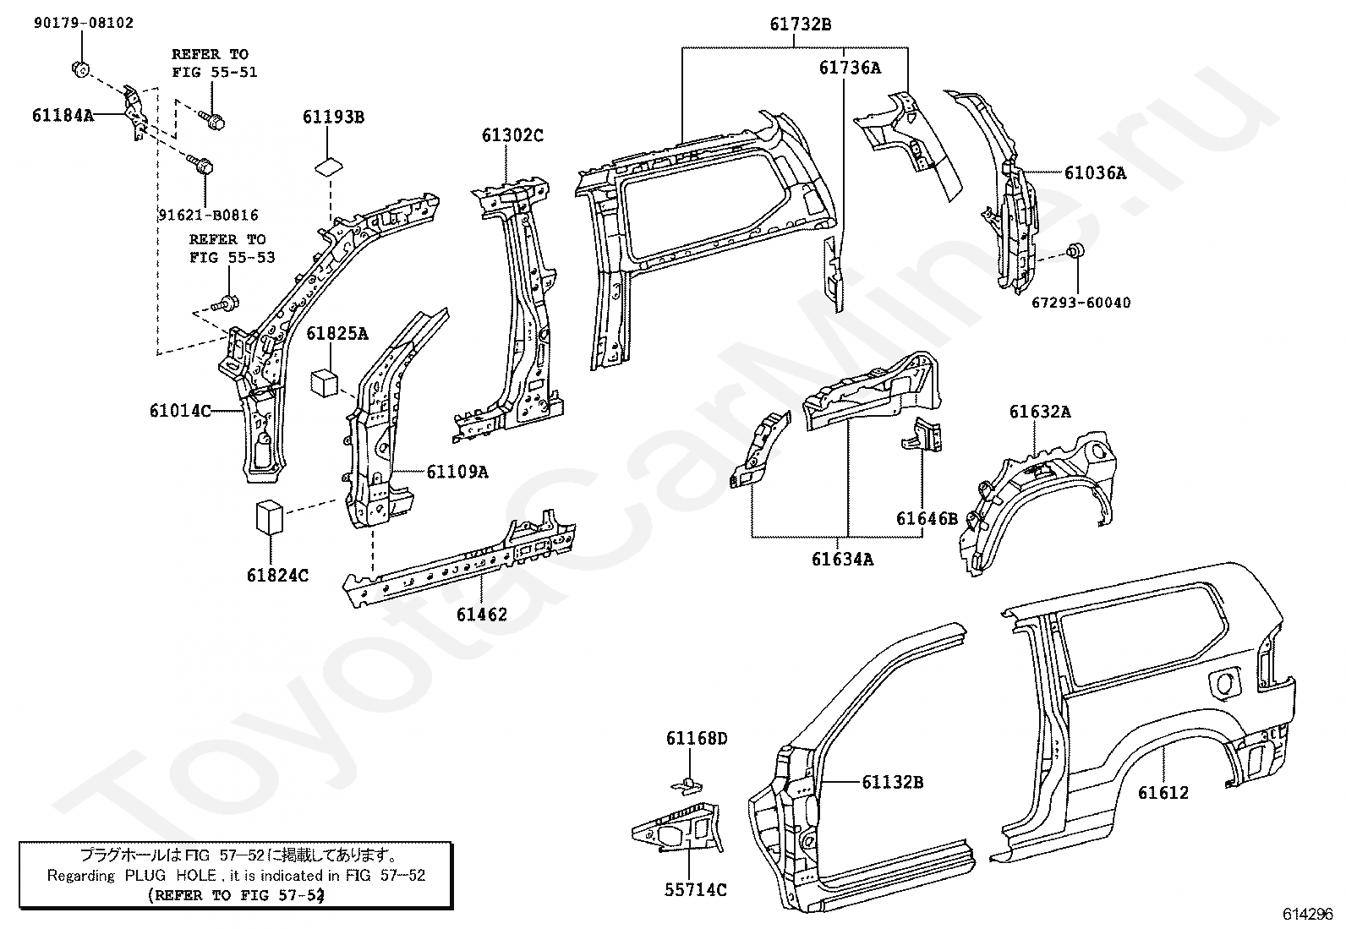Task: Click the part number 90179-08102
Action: click(x=84, y=24)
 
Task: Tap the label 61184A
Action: click(x=63, y=115)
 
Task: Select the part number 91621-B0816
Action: click(x=209, y=215)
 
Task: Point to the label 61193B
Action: click(x=333, y=117)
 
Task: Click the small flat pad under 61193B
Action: click(x=330, y=167)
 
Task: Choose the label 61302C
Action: click(x=512, y=136)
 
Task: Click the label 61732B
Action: click(x=801, y=25)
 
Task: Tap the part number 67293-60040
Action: click(x=1081, y=303)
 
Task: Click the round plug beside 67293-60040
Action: click(x=1075, y=250)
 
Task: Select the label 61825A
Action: click(x=337, y=334)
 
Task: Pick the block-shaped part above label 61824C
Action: click(x=270, y=516)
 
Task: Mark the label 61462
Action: click(x=482, y=615)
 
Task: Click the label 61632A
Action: click(x=1040, y=413)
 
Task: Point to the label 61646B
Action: click(x=927, y=518)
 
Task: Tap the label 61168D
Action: click(x=697, y=739)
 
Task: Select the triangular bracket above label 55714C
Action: click(x=678, y=829)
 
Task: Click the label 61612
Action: click(x=1163, y=793)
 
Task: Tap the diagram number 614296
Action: click(x=1308, y=914)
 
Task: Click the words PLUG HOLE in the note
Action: click(x=171, y=876)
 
